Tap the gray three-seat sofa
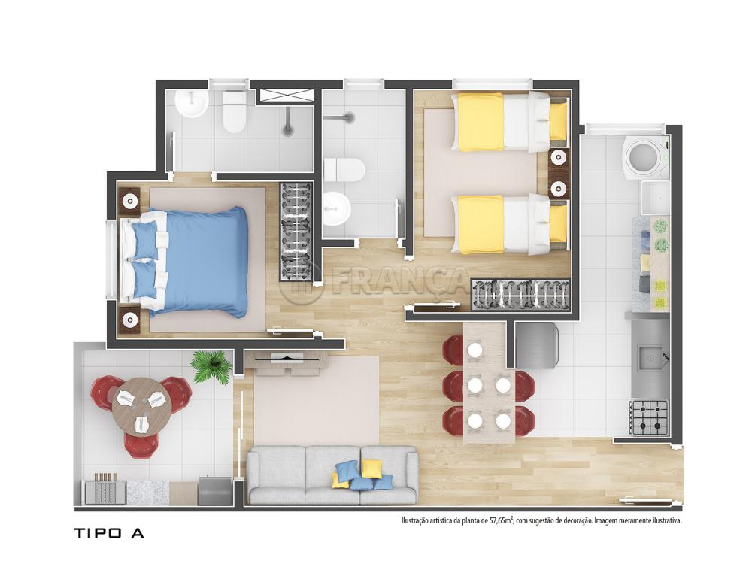pos(332,475)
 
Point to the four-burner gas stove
pos(649,417)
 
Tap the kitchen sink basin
pos(650,358)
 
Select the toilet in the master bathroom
pos(234,112)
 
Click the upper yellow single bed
pos(509,122)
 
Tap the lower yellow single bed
pos(509,224)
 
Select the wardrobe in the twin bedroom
pos(521,295)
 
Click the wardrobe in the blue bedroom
pos(296,231)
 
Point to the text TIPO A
pos(109,533)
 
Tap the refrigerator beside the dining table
pos(537,345)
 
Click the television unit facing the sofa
pos(287,362)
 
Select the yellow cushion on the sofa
pos(371,468)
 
